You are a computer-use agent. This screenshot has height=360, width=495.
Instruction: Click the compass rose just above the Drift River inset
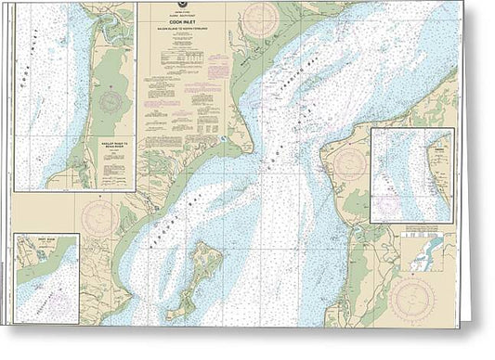[98, 215]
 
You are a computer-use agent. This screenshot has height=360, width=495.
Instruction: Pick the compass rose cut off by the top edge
[259, 16]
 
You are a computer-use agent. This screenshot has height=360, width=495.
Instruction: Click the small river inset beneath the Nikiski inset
[425, 252]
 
